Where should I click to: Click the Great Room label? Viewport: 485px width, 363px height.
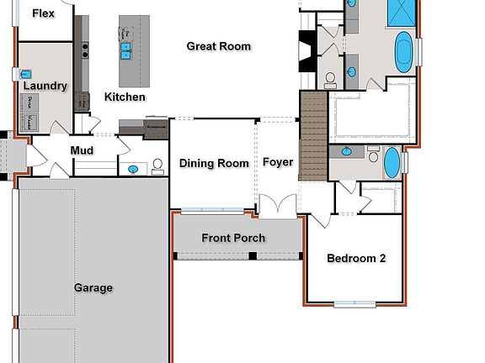[x=219, y=46]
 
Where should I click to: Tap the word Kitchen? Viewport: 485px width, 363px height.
[x=125, y=97]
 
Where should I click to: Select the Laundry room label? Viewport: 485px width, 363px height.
[x=45, y=86]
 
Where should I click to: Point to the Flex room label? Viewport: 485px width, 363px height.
[x=45, y=13]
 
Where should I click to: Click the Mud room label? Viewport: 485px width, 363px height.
[x=82, y=151]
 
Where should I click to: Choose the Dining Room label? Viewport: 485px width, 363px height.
[x=214, y=163]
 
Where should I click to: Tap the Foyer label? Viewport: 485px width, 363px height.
[x=278, y=161]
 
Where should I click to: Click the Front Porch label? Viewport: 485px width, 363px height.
[x=233, y=238]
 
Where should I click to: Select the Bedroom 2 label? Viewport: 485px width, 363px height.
[x=356, y=258]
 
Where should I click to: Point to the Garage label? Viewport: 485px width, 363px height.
[x=93, y=287]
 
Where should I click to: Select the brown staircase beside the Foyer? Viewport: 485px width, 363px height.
[x=312, y=137]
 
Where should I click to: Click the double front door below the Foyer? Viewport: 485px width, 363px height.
[x=277, y=207]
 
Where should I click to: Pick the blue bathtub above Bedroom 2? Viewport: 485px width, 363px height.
[x=392, y=162]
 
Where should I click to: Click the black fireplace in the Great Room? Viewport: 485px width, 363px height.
[x=305, y=50]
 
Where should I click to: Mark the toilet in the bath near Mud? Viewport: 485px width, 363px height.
[x=157, y=167]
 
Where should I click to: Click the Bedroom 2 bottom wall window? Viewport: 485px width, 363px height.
[x=354, y=303]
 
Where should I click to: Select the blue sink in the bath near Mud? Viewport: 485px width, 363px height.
[x=133, y=169]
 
